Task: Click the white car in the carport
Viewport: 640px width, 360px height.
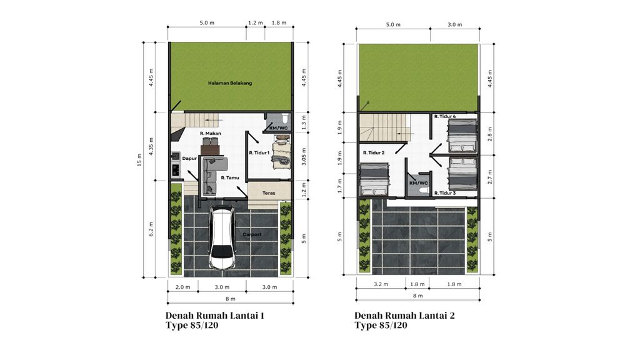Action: coord(222,239)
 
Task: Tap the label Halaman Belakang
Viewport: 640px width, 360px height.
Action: coord(230,83)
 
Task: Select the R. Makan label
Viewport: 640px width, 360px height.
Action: coord(211,134)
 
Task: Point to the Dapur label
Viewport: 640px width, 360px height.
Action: coord(189,158)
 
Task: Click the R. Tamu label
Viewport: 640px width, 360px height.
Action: coord(230,178)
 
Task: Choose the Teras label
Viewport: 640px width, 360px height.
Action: coord(269,193)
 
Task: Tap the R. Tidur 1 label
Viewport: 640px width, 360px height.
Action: coord(259,153)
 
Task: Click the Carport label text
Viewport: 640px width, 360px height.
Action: coord(252,234)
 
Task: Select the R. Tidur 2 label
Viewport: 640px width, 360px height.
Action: coord(374,153)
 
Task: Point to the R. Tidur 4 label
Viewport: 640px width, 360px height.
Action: coord(445,116)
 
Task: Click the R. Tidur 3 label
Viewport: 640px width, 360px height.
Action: coord(445,193)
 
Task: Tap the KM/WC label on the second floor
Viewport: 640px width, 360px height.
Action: coord(419,183)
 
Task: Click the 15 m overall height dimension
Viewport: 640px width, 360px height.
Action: coord(139,160)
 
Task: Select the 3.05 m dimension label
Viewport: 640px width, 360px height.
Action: coord(303,157)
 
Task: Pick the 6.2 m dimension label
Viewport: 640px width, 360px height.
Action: coord(151,229)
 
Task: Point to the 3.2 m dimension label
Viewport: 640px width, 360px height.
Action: coord(381,284)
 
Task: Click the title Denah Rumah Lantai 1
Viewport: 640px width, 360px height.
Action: coord(215,316)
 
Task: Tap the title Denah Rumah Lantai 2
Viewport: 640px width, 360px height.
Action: coord(404,316)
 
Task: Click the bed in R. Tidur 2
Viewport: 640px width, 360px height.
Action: coord(374,180)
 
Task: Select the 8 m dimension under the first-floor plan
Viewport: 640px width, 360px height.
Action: coord(230,299)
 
